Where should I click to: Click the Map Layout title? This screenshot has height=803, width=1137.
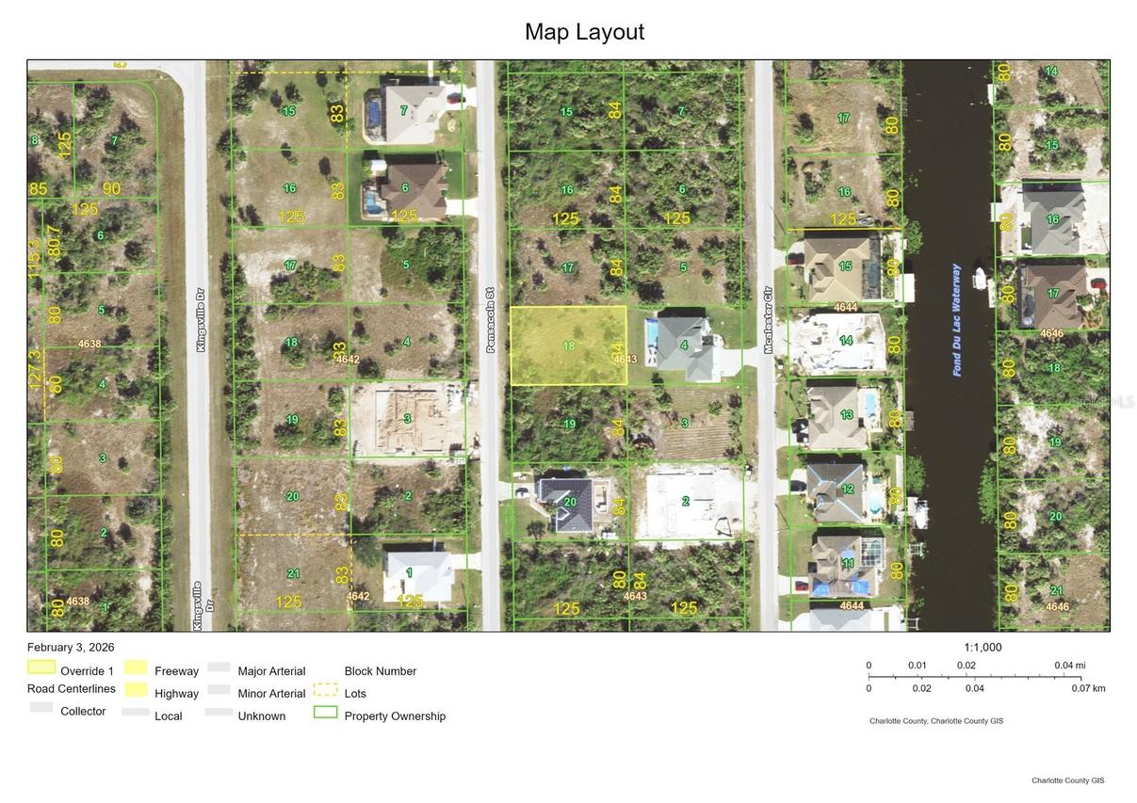[584, 32]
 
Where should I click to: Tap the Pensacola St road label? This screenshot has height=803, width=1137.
[490, 320]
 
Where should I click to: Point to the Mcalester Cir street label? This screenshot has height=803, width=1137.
[768, 319]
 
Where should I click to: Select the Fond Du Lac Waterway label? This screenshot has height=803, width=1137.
[957, 320]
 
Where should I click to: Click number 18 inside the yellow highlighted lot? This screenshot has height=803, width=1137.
[569, 345]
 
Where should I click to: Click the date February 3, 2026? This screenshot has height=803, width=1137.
[71, 647]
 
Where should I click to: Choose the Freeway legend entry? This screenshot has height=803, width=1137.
[176, 671]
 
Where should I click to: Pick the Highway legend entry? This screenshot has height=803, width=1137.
[176, 694]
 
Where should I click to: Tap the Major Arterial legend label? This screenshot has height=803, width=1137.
[271, 671]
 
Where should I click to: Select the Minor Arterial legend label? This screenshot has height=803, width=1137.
[271, 694]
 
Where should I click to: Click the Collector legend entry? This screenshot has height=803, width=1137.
[83, 711]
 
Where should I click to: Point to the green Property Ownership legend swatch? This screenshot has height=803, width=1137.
[325, 713]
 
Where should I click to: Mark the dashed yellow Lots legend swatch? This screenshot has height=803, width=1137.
[325, 690]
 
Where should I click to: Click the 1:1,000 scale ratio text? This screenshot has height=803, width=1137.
[983, 648]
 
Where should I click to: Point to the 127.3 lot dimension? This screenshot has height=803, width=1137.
[35, 370]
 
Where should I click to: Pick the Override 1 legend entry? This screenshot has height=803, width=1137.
[87, 671]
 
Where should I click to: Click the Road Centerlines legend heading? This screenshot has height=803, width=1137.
[72, 689]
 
